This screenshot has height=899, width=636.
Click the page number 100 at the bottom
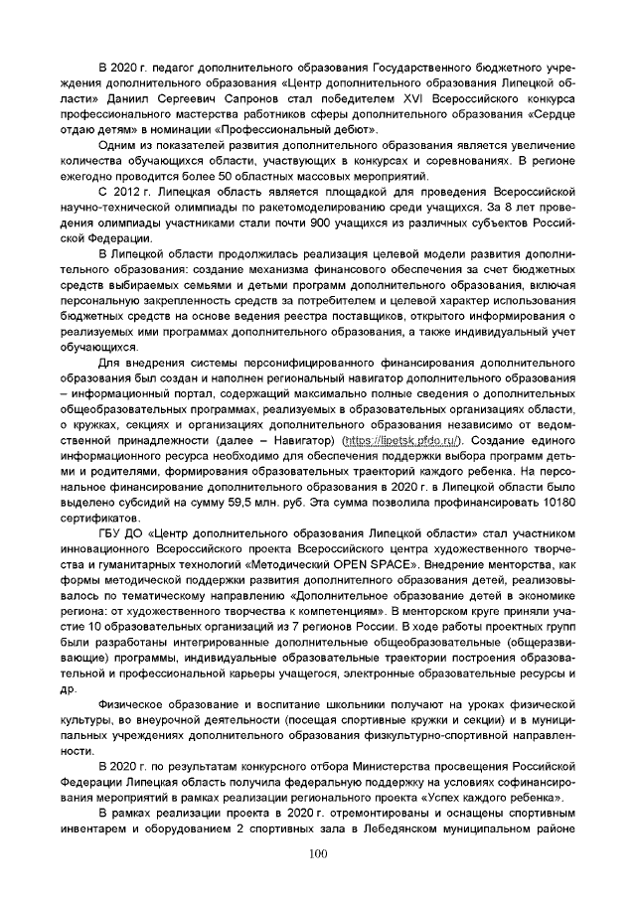click(x=318, y=853)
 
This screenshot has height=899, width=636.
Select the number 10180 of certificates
click(x=556, y=503)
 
